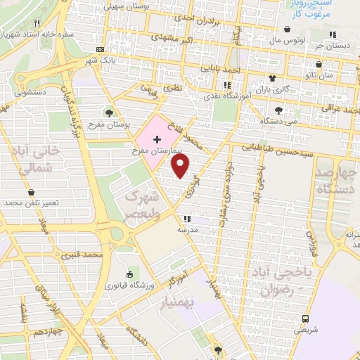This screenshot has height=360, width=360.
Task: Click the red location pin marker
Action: click(x=181, y=166)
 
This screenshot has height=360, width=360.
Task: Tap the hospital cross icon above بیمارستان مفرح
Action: click(x=156, y=141)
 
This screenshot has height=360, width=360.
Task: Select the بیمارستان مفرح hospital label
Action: click(x=156, y=151)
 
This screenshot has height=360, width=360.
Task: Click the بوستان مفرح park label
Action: click(x=109, y=124)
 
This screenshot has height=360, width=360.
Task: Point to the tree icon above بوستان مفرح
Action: click(x=108, y=112)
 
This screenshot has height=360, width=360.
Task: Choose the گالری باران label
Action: click(x=272, y=89)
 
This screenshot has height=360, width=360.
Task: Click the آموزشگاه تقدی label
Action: click(x=222, y=94)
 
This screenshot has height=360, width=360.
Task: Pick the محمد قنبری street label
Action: click(x=80, y=255)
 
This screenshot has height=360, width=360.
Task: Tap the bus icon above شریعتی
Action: click(x=301, y=319)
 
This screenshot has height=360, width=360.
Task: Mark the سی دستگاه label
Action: click(x=278, y=121)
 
